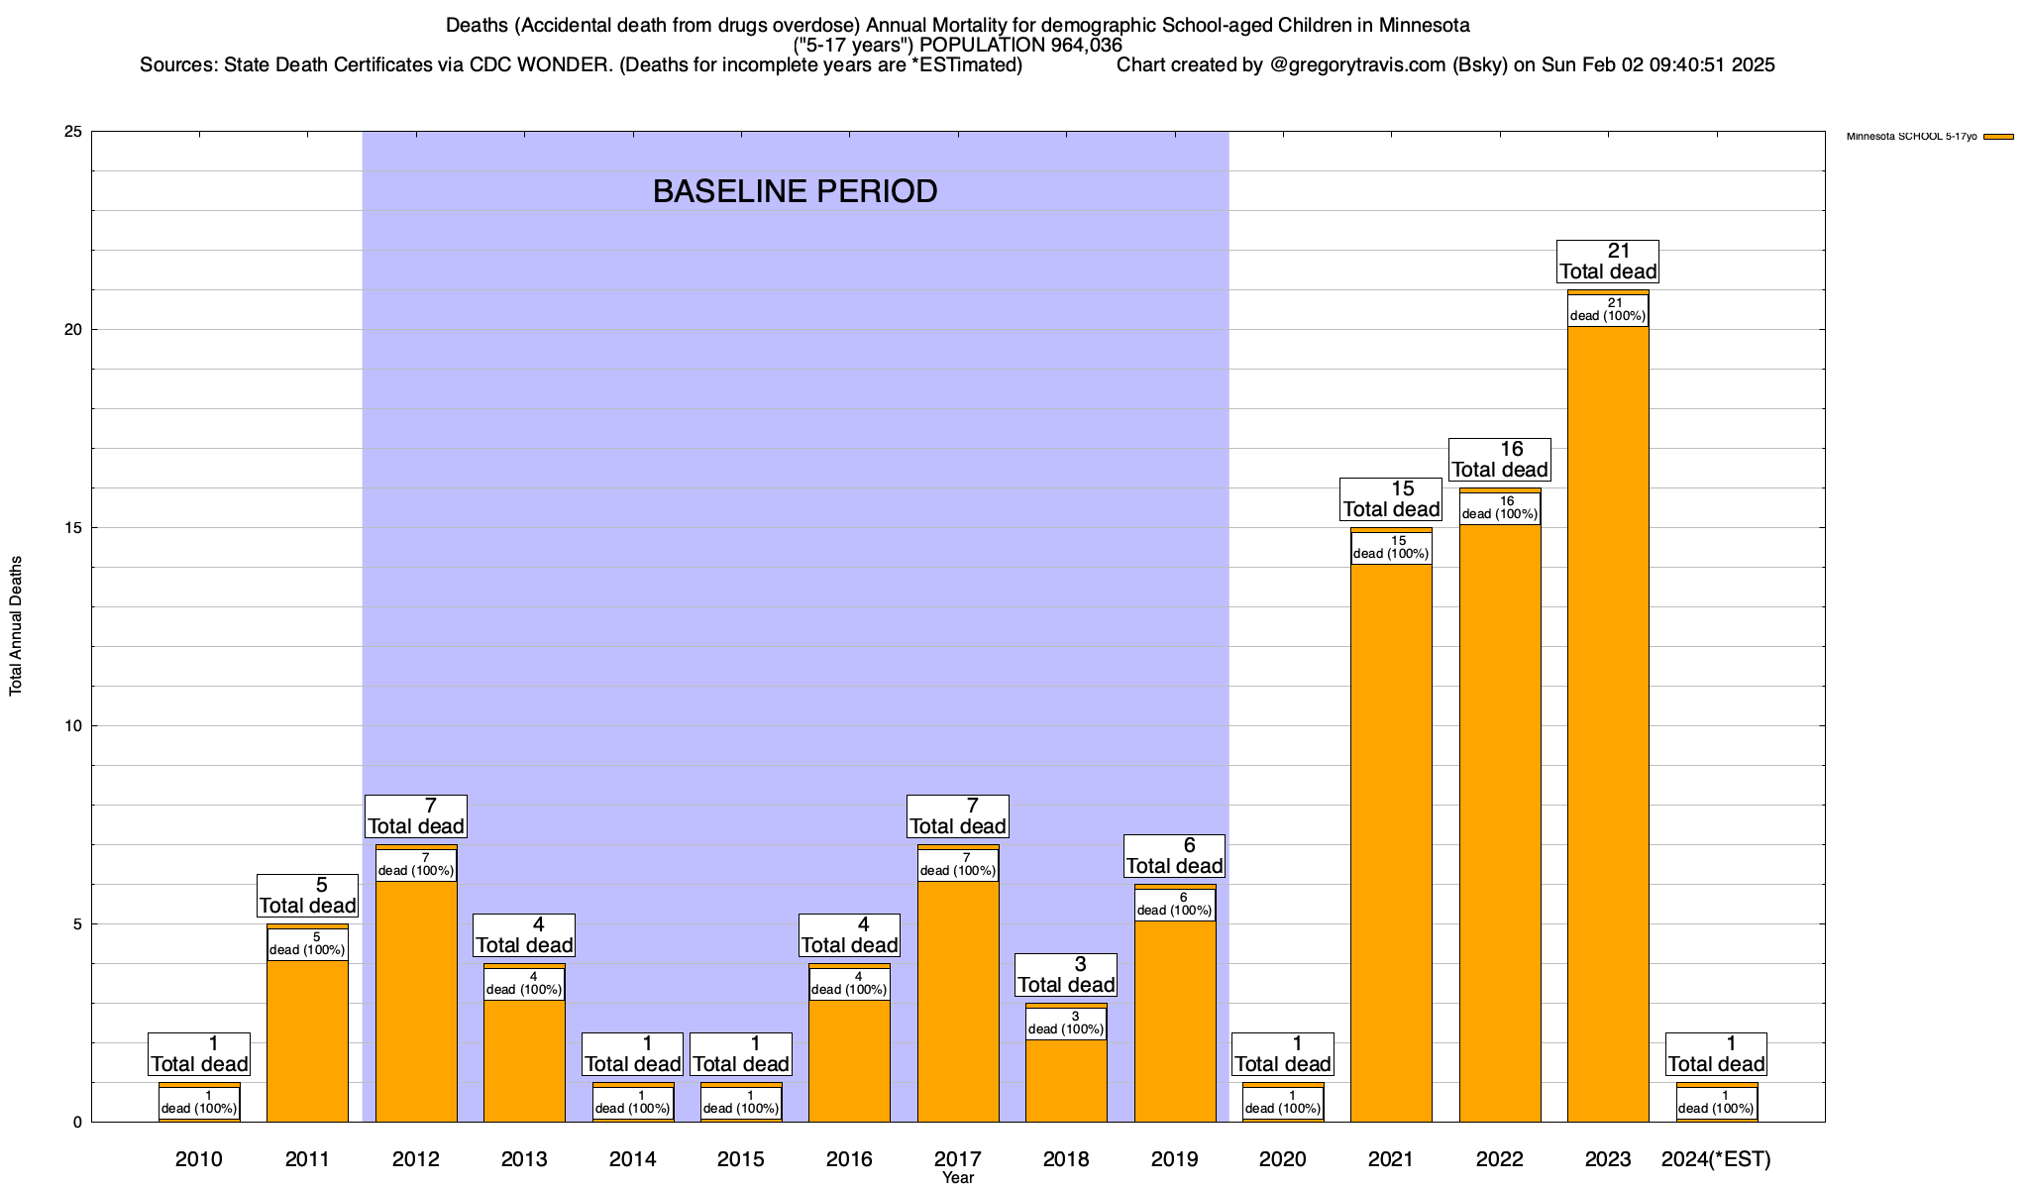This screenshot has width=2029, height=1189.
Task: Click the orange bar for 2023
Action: [1608, 723]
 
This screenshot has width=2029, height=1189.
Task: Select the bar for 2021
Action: [1391, 842]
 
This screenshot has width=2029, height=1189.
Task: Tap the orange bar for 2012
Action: [416, 1001]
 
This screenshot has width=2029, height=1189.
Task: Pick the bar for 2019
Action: [1175, 1021]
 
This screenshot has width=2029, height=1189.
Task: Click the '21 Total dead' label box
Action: [1608, 262]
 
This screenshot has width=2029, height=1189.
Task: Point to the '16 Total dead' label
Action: [1500, 460]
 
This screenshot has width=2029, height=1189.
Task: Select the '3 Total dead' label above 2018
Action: [1066, 975]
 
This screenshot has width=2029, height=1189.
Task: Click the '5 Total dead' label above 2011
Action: [307, 896]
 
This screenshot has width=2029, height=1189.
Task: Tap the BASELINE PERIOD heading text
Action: [795, 191]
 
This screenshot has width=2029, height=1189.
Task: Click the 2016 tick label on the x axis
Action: [849, 1159]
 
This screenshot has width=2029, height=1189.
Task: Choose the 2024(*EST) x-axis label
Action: [1716, 1159]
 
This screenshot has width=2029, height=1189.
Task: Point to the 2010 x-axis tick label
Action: [199, 1159]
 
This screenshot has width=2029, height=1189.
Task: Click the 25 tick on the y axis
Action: [72, 132]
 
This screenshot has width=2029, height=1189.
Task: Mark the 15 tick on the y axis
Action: [72, 528]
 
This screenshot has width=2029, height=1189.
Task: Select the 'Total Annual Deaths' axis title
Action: [16, 625]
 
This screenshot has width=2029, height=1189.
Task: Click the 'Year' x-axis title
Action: [958, 1178]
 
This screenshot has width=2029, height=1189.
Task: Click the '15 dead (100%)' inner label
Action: [1391, 548]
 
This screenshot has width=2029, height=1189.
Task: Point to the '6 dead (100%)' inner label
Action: [1175, 905]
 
